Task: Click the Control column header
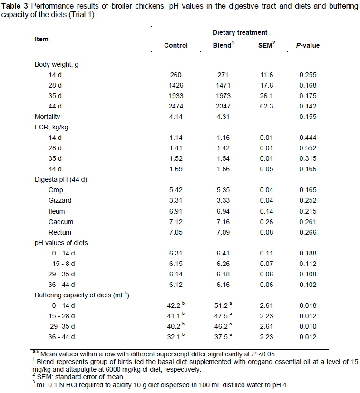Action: tap(176, 46)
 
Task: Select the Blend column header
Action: tap(222, 45)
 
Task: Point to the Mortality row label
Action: tap(47, 117)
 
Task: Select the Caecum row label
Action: tap(59, 222)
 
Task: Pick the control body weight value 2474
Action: tap(176, 106)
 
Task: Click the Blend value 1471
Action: tap(222, 85)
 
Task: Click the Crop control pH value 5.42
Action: tap(176, 190)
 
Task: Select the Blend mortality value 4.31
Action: tap(222, 117)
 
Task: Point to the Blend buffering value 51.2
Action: tap(220, 306)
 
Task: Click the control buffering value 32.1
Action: tap(175, 337)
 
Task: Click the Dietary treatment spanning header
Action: tap(246, 32)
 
